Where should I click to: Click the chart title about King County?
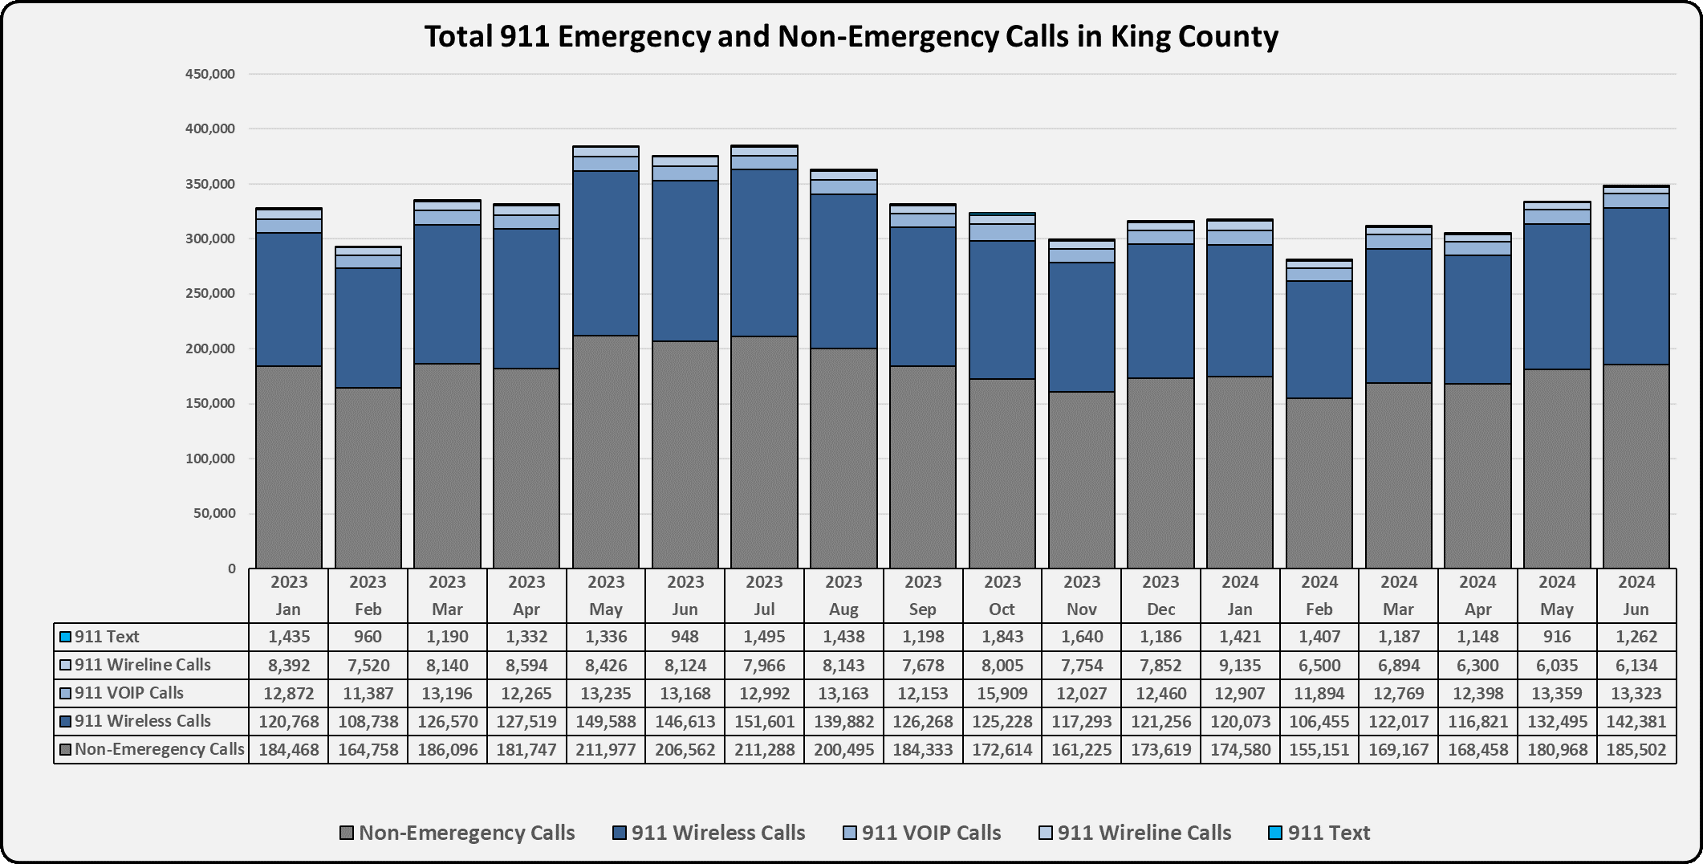851,36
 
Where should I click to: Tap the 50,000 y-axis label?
216,514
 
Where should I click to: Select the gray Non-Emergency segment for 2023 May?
606,450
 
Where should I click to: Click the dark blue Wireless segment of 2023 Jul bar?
764,253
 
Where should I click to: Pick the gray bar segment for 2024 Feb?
1319,482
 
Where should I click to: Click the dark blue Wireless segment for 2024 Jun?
1636,287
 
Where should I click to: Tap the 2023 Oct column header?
1002,595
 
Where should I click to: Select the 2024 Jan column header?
1239,595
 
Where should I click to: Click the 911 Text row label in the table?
107,637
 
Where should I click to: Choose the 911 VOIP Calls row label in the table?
128,693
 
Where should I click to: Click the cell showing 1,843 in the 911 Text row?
1002,637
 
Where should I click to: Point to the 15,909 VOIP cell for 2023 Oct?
1002,693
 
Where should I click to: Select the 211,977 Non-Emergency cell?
606,749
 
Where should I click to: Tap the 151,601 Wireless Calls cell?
764,721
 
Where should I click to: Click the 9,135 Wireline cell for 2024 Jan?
1239,665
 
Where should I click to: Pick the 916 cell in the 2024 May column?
1557,637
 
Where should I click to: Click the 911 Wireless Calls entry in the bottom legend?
717,833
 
